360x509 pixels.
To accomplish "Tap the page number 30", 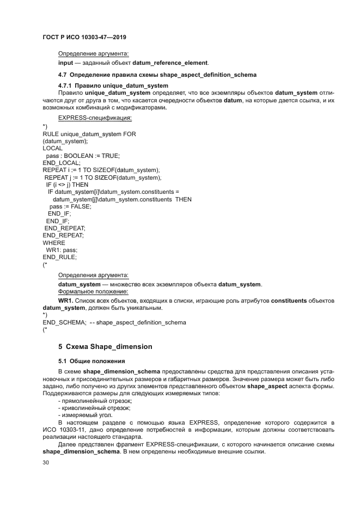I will pyautogui.click(x=46, y=463).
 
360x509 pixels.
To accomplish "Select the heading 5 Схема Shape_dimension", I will pyautogui.click(x=105, y=346).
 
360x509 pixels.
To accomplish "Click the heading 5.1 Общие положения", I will pyautogui.click(x=91, y=361).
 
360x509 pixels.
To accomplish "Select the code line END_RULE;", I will pyautogui.click(x=59, y=256).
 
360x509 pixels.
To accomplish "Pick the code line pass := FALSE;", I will pyautogui.click(x=70, y=206).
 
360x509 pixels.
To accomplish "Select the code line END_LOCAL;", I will pyautogui.click(x=61, y=162).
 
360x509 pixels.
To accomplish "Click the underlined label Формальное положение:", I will pyautogui.click(x=93, y=291).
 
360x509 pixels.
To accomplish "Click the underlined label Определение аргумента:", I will pyautogui.click(x=93, y=53).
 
